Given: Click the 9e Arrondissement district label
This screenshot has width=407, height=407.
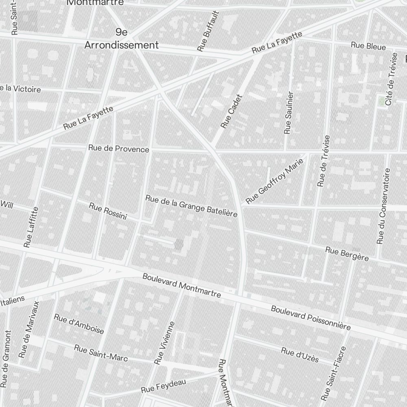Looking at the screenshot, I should pyautogui.click(x=121, y=39).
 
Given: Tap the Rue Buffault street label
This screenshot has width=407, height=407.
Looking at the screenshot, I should pyautogui.click(x=208, y=32).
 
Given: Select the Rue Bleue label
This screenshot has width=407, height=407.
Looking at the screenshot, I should pyautogui.click(x=368, y=46).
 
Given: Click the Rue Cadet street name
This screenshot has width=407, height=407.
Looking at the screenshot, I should pyautogui.click(x=231, y=112).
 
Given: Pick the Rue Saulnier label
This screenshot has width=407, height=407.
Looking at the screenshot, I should pyautogui.click(x=289, y=113).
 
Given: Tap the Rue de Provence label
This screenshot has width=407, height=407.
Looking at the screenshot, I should pyautogui.click(x=119, y=149).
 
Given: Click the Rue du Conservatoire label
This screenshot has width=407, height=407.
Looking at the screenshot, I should pyautogui.click(x=383, y=206).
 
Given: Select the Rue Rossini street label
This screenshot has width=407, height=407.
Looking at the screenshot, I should pyautogui.click(x=108, y=211).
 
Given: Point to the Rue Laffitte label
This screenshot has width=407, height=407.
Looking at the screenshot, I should pyautogui.click(x=31, y=227).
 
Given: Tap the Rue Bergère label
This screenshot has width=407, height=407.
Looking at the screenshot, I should pyautogui.click(x=347, y=254).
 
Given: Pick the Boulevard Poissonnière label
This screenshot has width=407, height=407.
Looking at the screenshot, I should pyautogui.click(x=311, y=318).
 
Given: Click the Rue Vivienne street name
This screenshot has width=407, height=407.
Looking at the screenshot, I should pyautogui.click(x=164, y=343).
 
